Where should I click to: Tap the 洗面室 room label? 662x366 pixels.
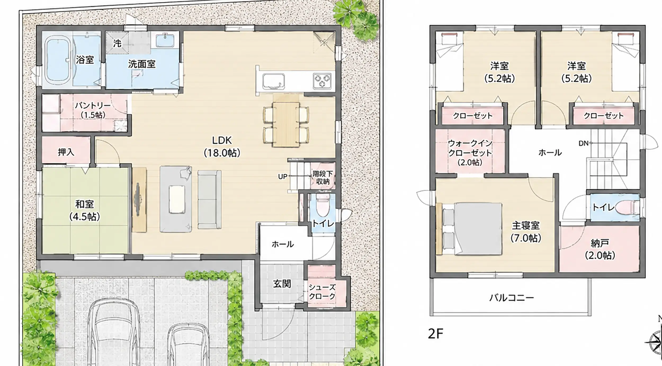click(x=142, y=64)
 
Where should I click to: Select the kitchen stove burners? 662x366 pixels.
click(x=322, y=80)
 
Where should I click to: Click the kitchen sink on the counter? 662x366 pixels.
click(x=274, y=81)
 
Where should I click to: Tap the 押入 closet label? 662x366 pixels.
click(x=66, y=152)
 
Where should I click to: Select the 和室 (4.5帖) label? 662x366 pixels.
click(x=85, y=210)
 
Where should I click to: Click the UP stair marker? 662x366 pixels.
click(x=283, y=177)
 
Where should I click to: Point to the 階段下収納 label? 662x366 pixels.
click(x=323, y=178)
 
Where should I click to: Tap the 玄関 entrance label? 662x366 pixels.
click(x=282, y=284)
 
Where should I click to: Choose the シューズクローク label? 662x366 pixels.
click(x=322, y=292)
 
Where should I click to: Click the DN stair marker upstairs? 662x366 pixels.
click(x=584, y=143)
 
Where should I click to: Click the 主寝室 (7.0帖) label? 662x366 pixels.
click(x=526, y=232)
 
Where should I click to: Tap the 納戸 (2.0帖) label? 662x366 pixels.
click(x=600, y=249)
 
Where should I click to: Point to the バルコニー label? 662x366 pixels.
click(x=512, y=298)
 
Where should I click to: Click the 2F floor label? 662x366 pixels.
click(x=436, y=334)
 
